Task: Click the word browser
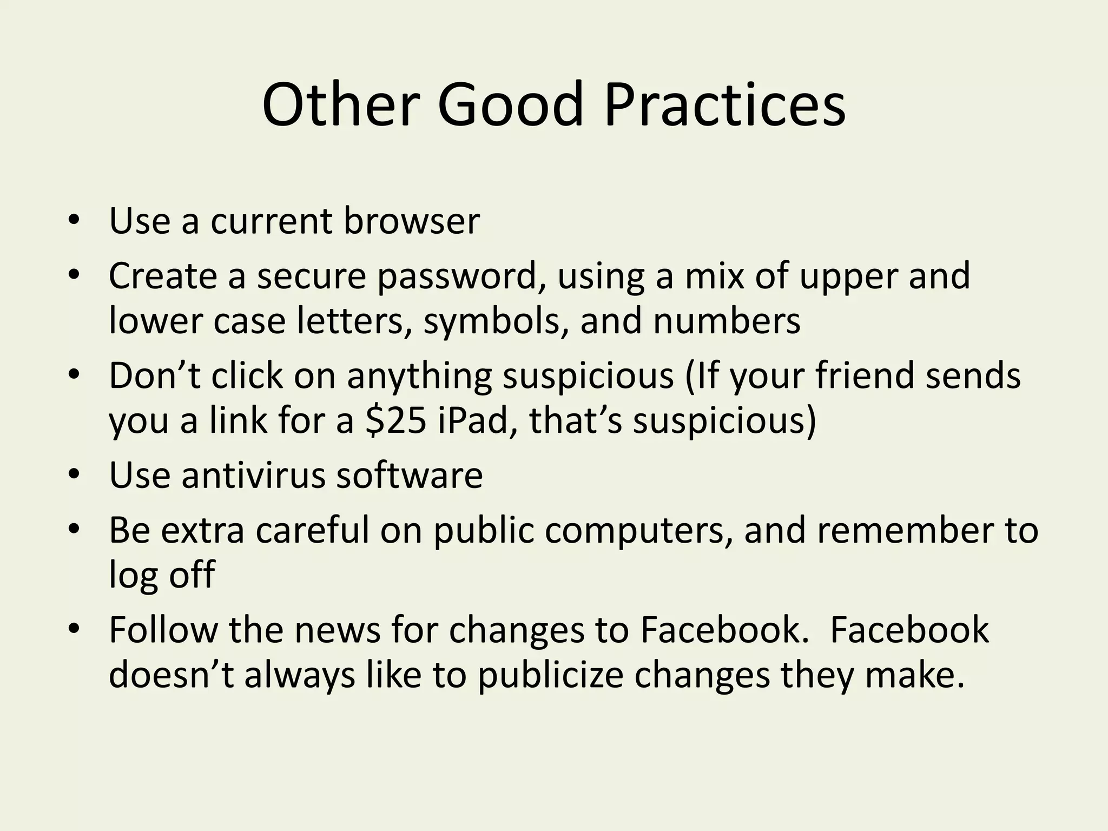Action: (x=411, y=221)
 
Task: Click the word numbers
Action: (x=727, y=321)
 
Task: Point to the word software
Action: (x=409, y=476)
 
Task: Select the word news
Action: (x=338, y=630)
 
